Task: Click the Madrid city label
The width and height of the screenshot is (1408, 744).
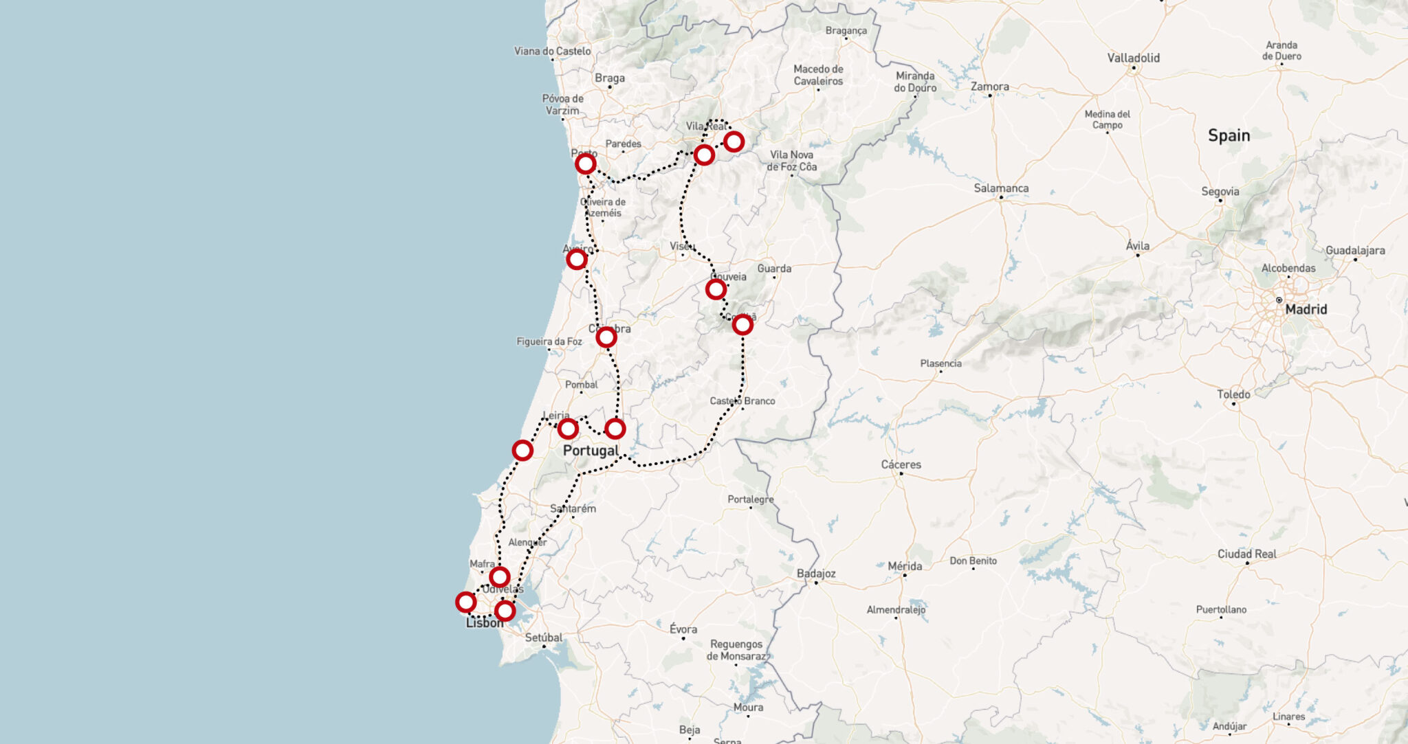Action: coord(1306,309)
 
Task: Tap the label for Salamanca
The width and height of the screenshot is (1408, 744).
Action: coord(1001,188)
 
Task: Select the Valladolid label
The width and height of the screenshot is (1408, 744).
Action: coord(1133,58)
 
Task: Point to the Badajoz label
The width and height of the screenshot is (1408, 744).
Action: coord(816,574)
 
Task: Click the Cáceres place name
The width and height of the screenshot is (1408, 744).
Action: coord(901,464)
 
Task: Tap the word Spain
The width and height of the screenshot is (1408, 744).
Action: coord(1229,135)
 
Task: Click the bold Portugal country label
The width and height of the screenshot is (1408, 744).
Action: coord(591,451)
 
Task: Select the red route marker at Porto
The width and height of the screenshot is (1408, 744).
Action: coord(585,164)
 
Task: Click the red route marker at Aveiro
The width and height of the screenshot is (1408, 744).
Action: coord(576,259)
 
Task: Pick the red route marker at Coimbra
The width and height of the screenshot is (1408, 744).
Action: coord(606,337)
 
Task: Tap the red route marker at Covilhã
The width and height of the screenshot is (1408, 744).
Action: coord(742,324)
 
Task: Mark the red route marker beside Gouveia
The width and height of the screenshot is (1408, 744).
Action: coord(716,289)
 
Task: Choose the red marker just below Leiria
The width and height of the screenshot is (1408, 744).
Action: coord(567,429)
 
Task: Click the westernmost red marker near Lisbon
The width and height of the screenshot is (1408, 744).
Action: coord(465,602)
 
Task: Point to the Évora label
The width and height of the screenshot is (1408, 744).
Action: coord(683,629)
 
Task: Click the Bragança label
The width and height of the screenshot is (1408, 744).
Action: coord(846,31)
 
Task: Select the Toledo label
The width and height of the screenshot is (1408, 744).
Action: coord(1233,394)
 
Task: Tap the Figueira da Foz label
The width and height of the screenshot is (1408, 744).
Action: coord(549,341)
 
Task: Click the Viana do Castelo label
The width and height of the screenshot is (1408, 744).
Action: coord(552,51)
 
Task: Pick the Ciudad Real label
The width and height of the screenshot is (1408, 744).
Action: coord(1246,554)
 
